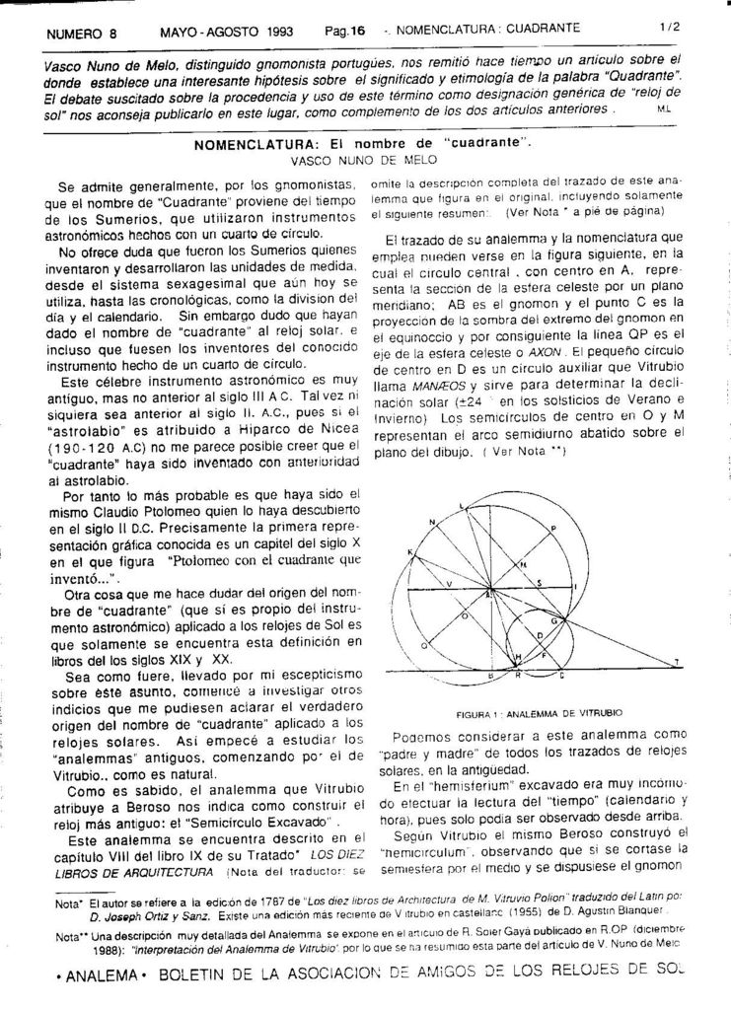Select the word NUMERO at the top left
74,33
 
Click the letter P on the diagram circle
553,530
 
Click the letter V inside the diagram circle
449,584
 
